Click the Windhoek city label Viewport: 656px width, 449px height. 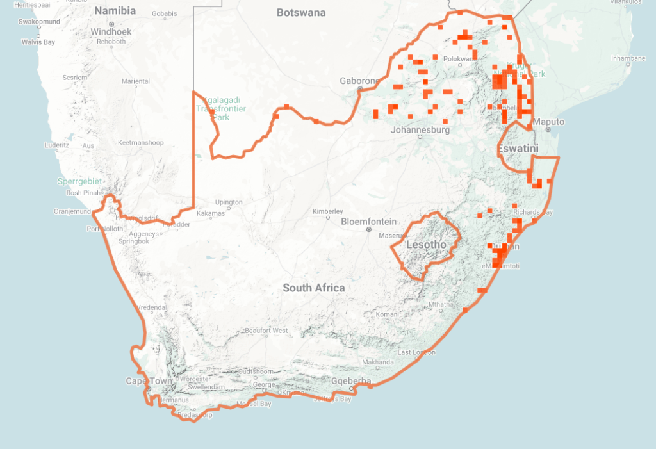tap(111, 31)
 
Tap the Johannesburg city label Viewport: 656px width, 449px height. tap(420, 130)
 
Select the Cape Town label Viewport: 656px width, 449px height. tap(149, 381)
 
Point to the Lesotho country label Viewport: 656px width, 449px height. tap(426, 245)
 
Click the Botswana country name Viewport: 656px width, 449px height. tap(301, 13)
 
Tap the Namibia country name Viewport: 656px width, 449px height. tap(115, 11)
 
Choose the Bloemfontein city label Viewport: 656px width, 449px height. tap(368, 221)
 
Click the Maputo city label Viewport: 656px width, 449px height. tap(549, 122)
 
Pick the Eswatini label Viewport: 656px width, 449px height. tap(518, 149)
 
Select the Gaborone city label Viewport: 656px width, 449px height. tap(360, 81)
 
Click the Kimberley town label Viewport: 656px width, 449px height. tap(328, 211)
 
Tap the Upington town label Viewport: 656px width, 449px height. tap(229, 202)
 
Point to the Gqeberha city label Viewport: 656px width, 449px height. tap(351, 381)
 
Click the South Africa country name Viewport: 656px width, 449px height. tap(314, 288)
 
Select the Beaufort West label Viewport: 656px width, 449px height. tap(266, 331)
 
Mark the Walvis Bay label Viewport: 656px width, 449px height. tap(38, 42)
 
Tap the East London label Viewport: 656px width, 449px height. tap(416, 353)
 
